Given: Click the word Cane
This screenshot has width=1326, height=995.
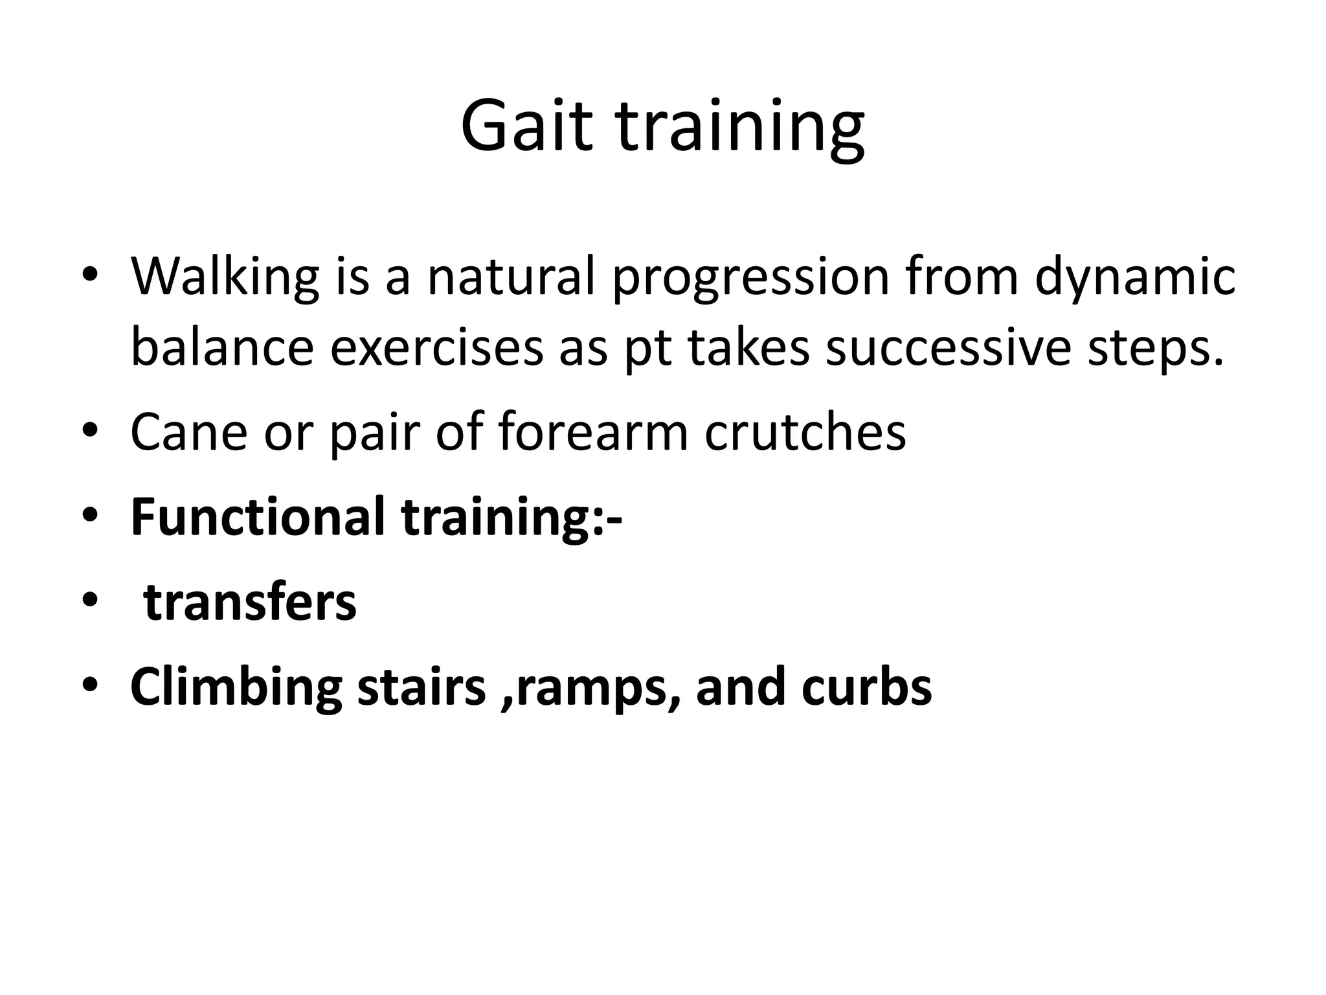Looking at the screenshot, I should click(x=188, y=432).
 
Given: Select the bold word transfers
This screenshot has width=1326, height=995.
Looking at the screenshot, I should click(x=250, y=602).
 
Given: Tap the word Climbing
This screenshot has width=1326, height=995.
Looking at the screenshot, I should click(x=236, y=688).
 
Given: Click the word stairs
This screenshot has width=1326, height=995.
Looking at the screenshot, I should click(x=421, y=687).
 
